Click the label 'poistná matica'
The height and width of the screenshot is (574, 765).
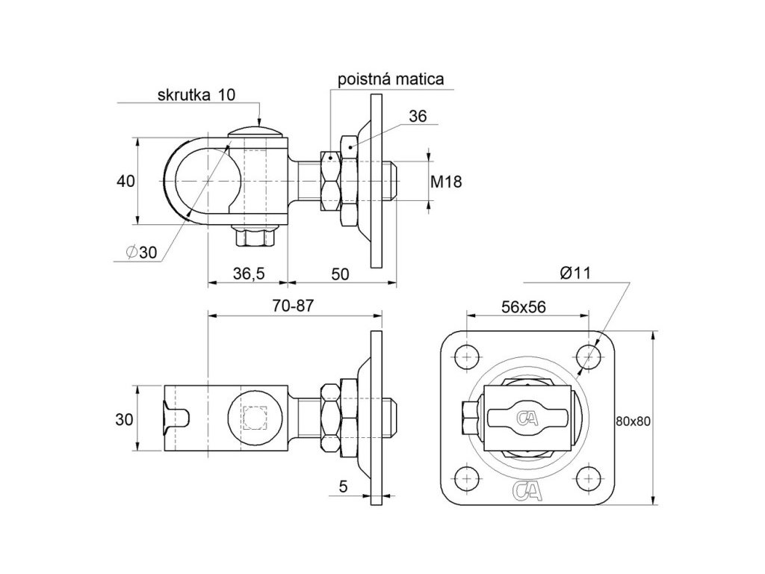pos(391,79)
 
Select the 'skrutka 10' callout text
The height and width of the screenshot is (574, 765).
pos(196,95)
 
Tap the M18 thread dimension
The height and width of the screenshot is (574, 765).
pos(446,182)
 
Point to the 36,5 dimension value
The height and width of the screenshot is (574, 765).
pos(249,274)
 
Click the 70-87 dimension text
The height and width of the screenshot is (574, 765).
pos(293,306)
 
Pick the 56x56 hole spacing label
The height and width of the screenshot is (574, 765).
pos(524,306)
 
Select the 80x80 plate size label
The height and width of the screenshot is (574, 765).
pos(634,422)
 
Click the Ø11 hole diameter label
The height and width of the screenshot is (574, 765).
pos(575,274)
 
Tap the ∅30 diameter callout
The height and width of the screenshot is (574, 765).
pos(141,253)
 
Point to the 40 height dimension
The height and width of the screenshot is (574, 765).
pos(126,182)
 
